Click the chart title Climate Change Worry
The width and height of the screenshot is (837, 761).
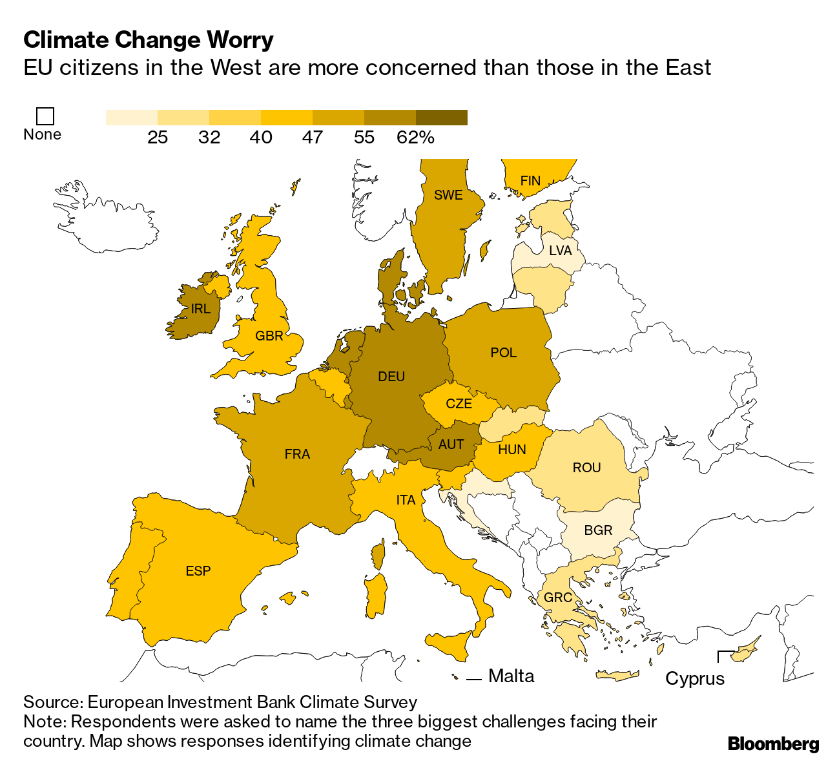149,40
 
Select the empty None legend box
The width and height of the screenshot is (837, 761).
45,116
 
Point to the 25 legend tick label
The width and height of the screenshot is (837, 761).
158,137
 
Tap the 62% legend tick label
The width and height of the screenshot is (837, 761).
415,137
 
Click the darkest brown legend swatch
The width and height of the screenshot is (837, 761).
441,117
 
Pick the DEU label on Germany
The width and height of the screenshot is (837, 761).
391,377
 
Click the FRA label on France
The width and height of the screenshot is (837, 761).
297,454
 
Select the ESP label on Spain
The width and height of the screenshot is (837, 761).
198,571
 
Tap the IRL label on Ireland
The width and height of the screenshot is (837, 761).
201,309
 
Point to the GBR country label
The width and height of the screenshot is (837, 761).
269,336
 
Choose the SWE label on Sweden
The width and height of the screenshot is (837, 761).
448,195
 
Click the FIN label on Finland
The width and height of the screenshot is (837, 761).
530,181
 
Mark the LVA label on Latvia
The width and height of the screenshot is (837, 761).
561,251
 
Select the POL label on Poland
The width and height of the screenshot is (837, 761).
504,353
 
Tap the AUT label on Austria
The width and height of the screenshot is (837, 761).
451,444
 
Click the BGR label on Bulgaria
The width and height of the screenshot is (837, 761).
598,530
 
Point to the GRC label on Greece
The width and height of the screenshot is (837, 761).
558,598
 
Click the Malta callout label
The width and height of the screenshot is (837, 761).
512,676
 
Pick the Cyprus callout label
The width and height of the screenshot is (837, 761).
695,679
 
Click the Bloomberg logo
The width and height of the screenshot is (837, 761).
773,744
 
